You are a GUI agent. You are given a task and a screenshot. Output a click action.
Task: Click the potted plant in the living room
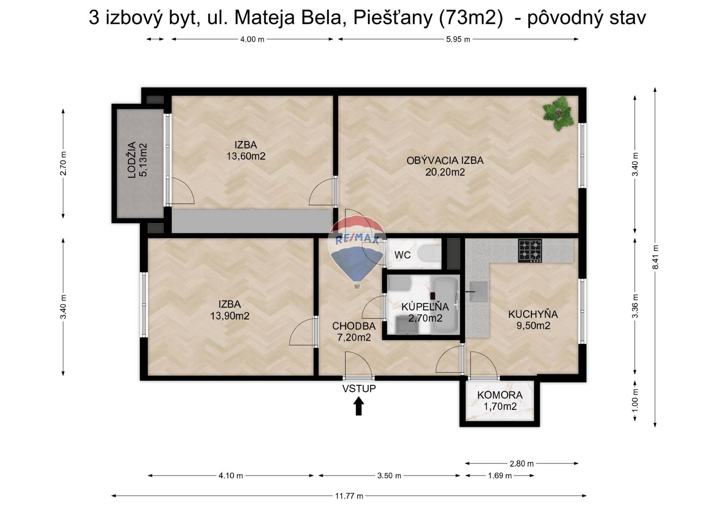coord(558,113)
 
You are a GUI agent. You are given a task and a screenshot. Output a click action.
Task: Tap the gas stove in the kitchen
coord(530,251)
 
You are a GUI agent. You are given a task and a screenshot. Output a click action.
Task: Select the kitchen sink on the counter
coord(478,291)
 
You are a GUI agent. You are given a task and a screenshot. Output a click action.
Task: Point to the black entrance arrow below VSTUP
coord(359,406)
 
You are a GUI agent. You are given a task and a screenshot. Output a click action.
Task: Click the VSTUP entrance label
coord(359,389)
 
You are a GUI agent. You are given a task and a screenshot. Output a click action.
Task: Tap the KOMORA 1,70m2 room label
coord(500,401)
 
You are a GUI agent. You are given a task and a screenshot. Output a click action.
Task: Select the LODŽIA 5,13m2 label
coord(138,160)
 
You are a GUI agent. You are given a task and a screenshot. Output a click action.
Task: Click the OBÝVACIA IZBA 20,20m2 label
coord(445,166)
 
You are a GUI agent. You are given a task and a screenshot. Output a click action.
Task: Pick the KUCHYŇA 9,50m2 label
coord(533,320)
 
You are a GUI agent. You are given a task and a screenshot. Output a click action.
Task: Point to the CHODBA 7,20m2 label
coord(354,332)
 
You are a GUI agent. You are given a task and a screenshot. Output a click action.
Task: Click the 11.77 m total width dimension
coord(349,496)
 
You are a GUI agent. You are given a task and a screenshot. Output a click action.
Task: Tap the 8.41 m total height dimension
coord(655,257)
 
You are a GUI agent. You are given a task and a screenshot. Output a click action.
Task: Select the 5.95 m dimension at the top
coord(458,39)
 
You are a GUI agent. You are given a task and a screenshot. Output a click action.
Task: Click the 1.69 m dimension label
coord(500,476)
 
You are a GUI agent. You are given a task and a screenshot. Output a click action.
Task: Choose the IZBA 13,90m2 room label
coord(230,310)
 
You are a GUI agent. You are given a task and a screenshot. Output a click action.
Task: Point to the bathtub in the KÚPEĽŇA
coord(445,306)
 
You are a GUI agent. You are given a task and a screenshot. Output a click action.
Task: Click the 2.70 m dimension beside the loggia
coord(63,163)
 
